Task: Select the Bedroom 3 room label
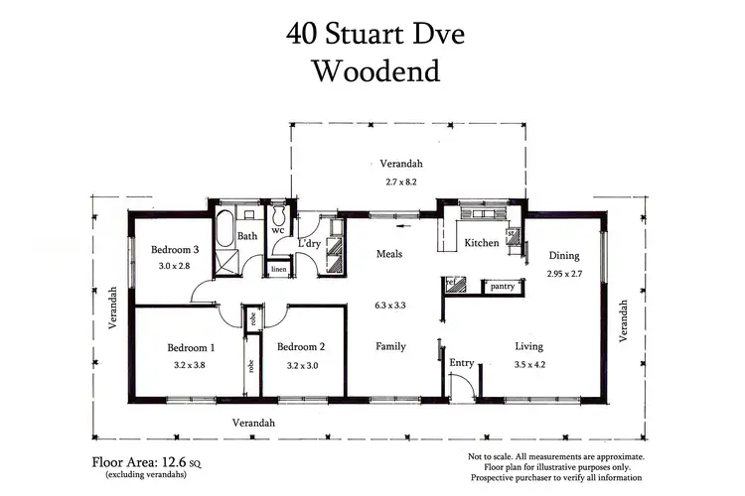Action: [x=175, y=250]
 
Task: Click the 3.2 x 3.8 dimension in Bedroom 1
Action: [x=191, y=364]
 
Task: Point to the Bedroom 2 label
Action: [x=301, y=347]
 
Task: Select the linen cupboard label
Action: [x=278, y=268]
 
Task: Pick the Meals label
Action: [x=388, y=254]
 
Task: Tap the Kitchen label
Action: [x=482, y=243]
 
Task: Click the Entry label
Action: [x=461, y=363]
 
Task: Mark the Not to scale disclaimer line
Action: [x=555, y=456]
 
